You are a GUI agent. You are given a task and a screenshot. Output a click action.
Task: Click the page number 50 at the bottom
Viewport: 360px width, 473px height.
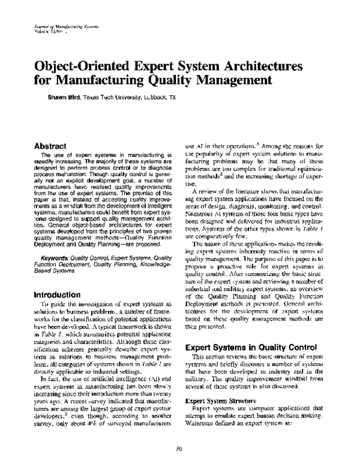(179, 450)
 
